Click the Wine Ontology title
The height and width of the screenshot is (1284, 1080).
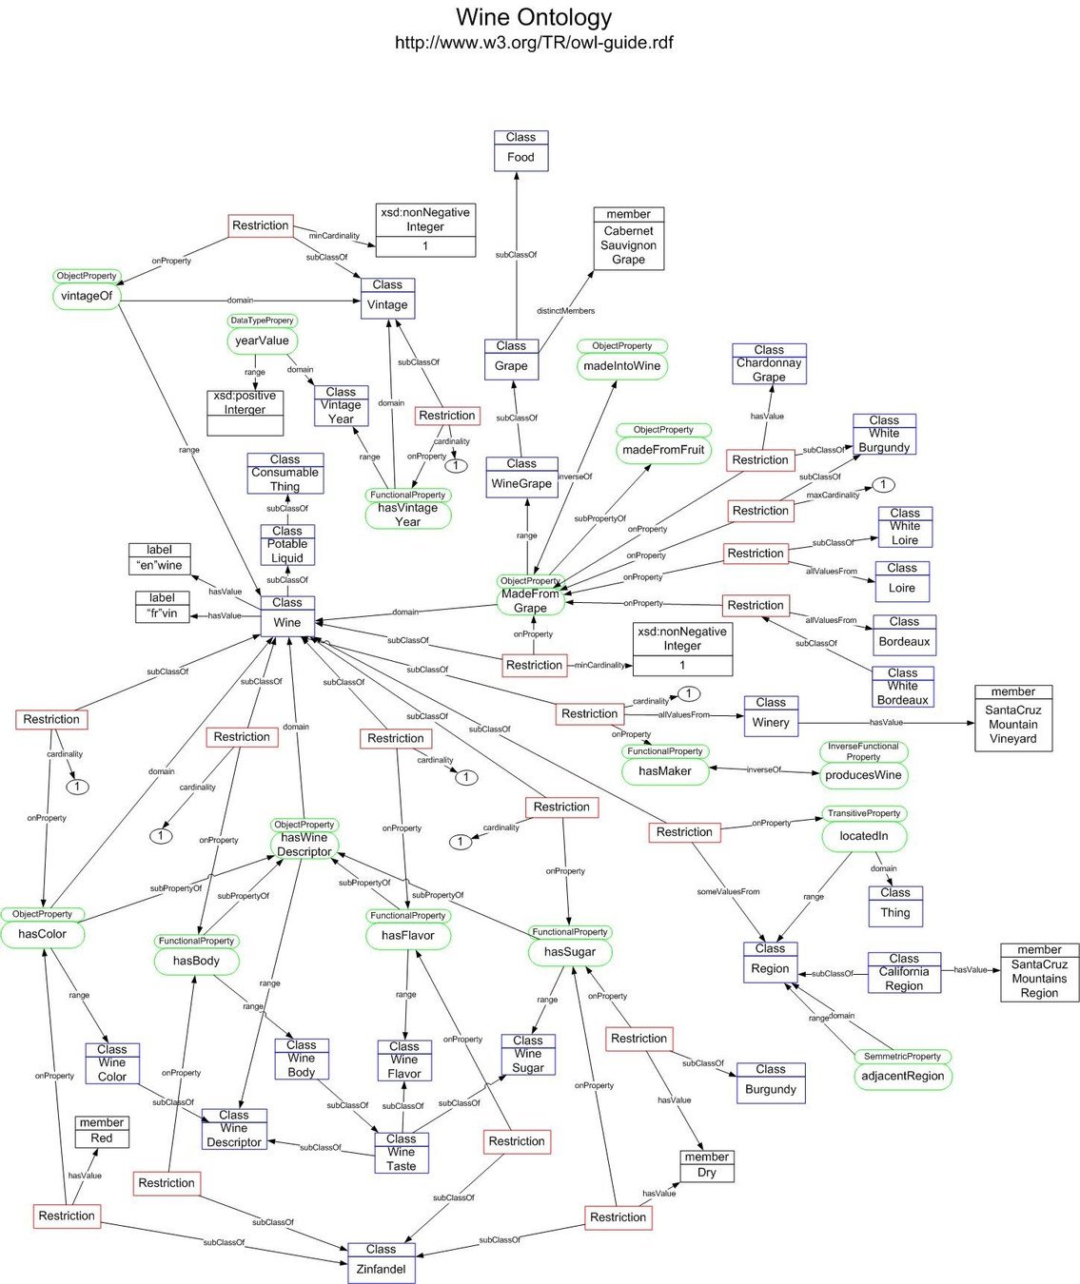pyautogui.click(x=534, y=17)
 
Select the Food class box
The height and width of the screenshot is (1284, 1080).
pyautogui.click(x=520, y=151)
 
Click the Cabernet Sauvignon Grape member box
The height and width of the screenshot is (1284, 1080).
pyautogui.click(x=628, y=239)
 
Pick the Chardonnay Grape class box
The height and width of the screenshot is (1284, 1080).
pyautogui.click(x=769, y=364)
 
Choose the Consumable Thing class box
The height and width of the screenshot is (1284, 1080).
pyautogui.click(x=285, y=474)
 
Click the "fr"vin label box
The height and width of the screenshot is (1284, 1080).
pyautogui.click(x=162, y=607)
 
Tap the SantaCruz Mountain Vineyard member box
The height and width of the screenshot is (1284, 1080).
pyautogui.click(x=1012, y=718)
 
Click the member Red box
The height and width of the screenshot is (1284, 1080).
pyautogui.click(x=102, y=1132)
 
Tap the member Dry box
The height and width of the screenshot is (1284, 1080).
pyautogui.click(x=706, y=1166)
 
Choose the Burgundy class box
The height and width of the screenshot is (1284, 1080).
pyautogui.click(x=771, y=1082)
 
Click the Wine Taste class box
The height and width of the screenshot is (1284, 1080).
pyautogui.click(x=402, y=1153)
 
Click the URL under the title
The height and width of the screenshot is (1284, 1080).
pyautogui.click(x=534, y=42)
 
